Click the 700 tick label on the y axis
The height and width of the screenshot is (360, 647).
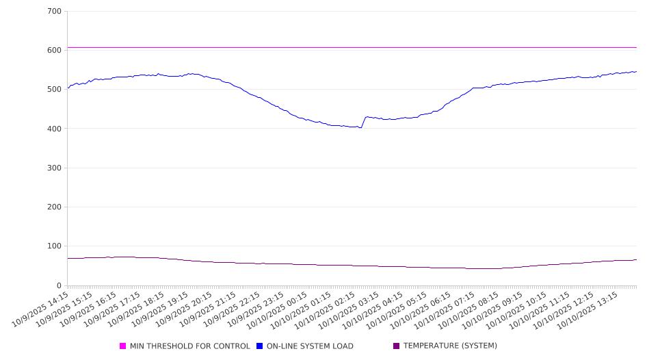tap(55, 12)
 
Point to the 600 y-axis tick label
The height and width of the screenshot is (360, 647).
tap(55, 51)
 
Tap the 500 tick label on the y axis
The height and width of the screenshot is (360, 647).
tap(55, 90)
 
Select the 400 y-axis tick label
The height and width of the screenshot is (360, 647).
tap(55, 129)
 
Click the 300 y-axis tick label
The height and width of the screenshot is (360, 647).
tap(55, 168)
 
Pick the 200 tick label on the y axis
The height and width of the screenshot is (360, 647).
tap(55, 207)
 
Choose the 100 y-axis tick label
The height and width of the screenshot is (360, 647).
tap(55, 246)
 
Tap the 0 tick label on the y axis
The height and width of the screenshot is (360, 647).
tap(59, 286)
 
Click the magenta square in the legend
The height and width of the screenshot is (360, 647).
tap(123, 346)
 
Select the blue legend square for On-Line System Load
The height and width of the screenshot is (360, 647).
tap(260, 346)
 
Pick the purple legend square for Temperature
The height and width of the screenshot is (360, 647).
tap(397, 346)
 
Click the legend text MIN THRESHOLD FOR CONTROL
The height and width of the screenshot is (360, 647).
tap(189, 346)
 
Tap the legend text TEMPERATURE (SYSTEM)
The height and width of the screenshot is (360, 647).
tap(450, 346)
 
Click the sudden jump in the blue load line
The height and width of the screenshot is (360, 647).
tap(363, 122)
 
